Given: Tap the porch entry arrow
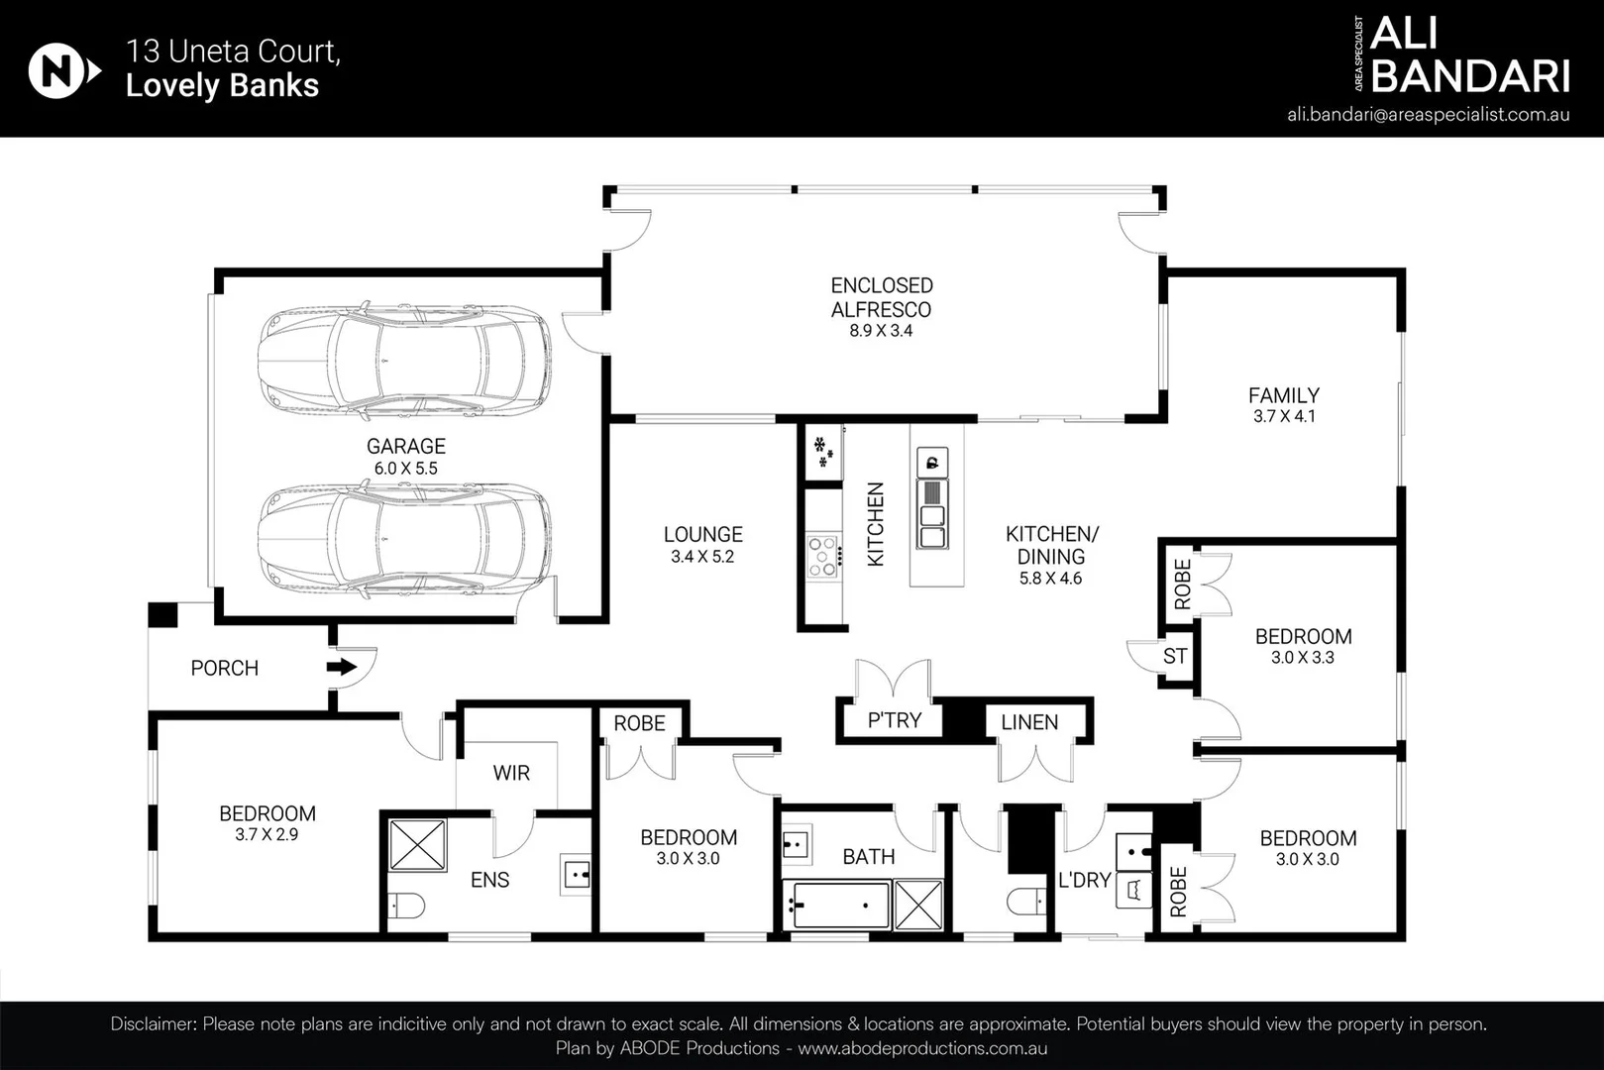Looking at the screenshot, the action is tap(342, 667).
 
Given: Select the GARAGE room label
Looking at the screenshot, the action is tap(406, 446).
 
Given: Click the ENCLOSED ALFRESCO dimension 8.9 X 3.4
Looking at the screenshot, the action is tap(881, 331).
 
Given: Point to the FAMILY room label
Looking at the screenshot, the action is tap(1284, 395).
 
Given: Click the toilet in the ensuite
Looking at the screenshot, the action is tap(406, 906).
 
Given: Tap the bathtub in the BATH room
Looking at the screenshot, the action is tap(836, 906).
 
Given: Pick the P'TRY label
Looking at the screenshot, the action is tap(895, 720).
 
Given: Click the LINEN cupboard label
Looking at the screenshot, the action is tap(1029, 722).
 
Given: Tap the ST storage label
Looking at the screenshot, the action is tap(1175, 655).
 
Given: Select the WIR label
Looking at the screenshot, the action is tap(511, 773).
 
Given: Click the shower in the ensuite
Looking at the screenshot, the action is tap(417, 845).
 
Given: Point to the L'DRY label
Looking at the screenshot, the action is tap(1085, 880).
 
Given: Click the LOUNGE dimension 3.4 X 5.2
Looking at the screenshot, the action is tap(702, 557).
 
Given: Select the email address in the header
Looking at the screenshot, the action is tap(1429, 115).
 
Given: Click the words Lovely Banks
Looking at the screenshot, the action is tap(222, 85).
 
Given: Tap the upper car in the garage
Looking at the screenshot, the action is tap(405, 361).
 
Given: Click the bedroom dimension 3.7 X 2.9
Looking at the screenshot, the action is tap(267, 834).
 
